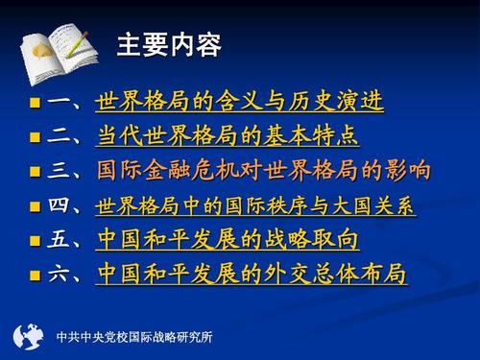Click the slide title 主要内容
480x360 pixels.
[x=169, y=45]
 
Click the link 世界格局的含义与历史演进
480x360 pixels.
[x=239, y=101]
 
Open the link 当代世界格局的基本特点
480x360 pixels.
[x=228, y=135]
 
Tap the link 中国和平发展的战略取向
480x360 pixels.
[x=228, y=239]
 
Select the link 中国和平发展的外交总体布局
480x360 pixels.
[x=252, y=275]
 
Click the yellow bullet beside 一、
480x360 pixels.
[x=36, y=103]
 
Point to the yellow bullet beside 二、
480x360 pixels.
[x=36, y=137]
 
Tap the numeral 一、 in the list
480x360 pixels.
[x=65, y=102]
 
